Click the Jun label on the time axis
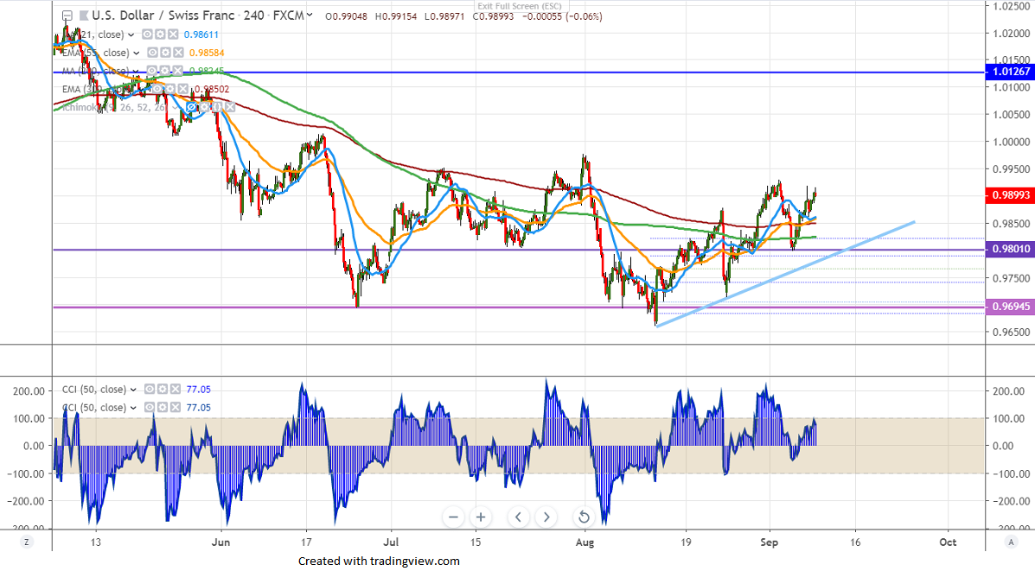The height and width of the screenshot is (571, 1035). pyautogui.click(x=221, y=542)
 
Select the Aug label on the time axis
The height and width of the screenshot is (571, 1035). pyautogui.click(x=586, y=542)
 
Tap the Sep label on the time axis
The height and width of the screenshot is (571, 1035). pyautogui.click(x=770, y=542)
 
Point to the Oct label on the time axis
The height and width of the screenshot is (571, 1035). pyautogui.click(x=948, y=542)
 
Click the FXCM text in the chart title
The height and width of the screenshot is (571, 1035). pyautogui.click(x=282, y=15)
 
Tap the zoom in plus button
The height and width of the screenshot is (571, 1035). pyautogui.click(x=481, y=517)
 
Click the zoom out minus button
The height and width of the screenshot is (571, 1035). pyautogui.click(x=453, y=517)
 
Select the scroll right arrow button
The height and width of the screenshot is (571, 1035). pyautogui.click(x=546, y=517)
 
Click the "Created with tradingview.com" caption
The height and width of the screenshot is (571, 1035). pyautogui.click(x=379, y=561)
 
